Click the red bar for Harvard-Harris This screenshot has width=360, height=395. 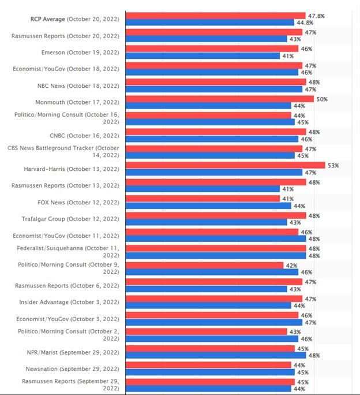coord(225,166)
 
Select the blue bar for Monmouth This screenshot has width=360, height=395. coord(208,106)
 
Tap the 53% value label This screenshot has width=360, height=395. coord(333,166)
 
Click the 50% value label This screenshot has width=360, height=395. coord(322,99)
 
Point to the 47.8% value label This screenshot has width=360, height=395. coord(316,16)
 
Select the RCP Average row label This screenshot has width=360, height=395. coord(74,19)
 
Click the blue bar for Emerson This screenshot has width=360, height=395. coord(203,56)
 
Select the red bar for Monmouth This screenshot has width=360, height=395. coord(219,99)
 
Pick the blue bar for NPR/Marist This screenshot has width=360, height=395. coord(216,355)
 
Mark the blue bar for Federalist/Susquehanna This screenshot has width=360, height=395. coord(216,255)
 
